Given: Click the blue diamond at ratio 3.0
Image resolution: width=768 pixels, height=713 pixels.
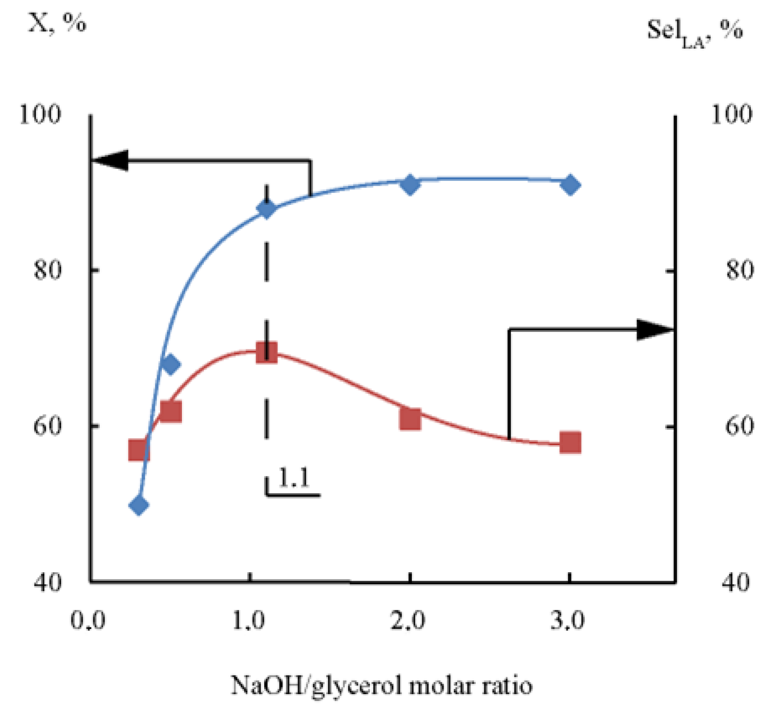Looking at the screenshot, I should [x=570, y=185].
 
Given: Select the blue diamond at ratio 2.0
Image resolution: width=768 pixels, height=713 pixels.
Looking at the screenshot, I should [x=410, y=185].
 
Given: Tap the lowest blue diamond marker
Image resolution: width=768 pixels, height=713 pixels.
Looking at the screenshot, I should [x=139, y=505].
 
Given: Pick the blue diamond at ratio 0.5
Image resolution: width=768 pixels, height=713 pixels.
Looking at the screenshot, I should [x=170, y=364].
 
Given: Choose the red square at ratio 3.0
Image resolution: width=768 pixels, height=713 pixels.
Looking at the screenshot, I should [x=570, y=442].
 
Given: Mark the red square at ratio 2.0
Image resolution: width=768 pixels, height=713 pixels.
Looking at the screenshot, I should [x=410, y=418].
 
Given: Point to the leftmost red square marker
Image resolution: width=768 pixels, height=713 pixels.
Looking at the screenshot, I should [x=139, y=450].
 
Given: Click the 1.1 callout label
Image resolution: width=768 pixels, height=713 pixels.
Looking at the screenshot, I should [x=294, y=478].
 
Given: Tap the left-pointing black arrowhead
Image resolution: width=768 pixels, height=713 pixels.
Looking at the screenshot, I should [x=111, y=160].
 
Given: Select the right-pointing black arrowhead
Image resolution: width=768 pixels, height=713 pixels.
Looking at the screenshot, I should [x=654, y=329].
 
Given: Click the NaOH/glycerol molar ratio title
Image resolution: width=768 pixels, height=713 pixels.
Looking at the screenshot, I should [x=381, y=685].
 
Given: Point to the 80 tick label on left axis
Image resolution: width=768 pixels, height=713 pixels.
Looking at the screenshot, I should [x=48, y=270].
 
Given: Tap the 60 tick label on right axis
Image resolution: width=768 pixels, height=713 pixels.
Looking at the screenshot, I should [x=739, y=426].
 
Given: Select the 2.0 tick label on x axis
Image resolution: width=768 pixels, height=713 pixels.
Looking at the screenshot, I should [x=408, y=620].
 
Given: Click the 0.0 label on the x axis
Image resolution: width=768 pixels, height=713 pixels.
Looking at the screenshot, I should [x=88, y=620].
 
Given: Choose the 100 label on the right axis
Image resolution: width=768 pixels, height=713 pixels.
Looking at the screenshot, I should [x=731, y=114].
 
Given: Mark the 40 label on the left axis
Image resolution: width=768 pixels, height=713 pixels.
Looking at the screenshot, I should [x=48, y=582].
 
